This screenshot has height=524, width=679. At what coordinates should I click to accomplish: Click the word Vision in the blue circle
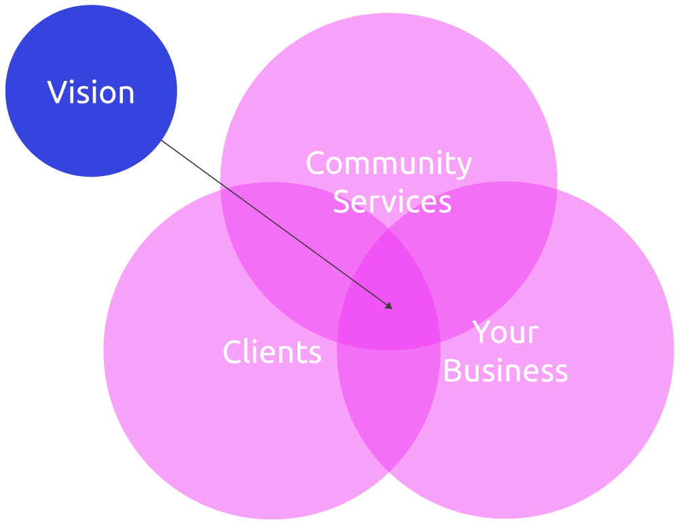(x=91, y=92)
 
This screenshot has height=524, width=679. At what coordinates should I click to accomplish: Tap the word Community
(x=388, y=164)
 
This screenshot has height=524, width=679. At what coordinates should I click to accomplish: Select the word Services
(x=392, y=202)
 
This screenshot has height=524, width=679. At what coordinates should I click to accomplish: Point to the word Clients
(x=272, y=352)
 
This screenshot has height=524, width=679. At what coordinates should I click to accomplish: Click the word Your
(x=505, y=333)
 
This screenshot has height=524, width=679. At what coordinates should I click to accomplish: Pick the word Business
(x=505, y=371)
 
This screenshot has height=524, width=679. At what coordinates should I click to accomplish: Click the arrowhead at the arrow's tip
(x=389, y=306)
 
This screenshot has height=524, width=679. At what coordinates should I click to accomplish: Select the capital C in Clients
(x=232, y=352)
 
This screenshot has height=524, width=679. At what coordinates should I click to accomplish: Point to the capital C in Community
(x=316, y=164)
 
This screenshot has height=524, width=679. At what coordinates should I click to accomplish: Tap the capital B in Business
(x=452, y=371)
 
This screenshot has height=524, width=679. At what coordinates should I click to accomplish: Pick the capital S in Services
(x=341, y=202)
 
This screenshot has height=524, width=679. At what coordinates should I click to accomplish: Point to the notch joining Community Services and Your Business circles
(x=557, y=189)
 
